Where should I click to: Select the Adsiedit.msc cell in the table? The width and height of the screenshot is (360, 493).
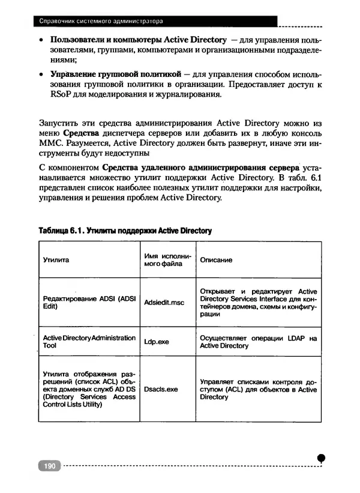tap(164, 302)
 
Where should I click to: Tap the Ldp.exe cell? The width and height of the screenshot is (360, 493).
tap(157, 342)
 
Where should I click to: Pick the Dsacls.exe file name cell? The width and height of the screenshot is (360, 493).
tap(161, 389)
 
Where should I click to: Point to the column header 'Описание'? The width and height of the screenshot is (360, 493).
tap(216, 261)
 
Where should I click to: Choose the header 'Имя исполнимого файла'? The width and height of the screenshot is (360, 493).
tap(167, 260)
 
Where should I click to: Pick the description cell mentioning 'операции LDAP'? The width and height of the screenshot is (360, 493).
tap(258, 342)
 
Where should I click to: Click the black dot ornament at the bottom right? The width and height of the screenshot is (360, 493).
tap(322, 458)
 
